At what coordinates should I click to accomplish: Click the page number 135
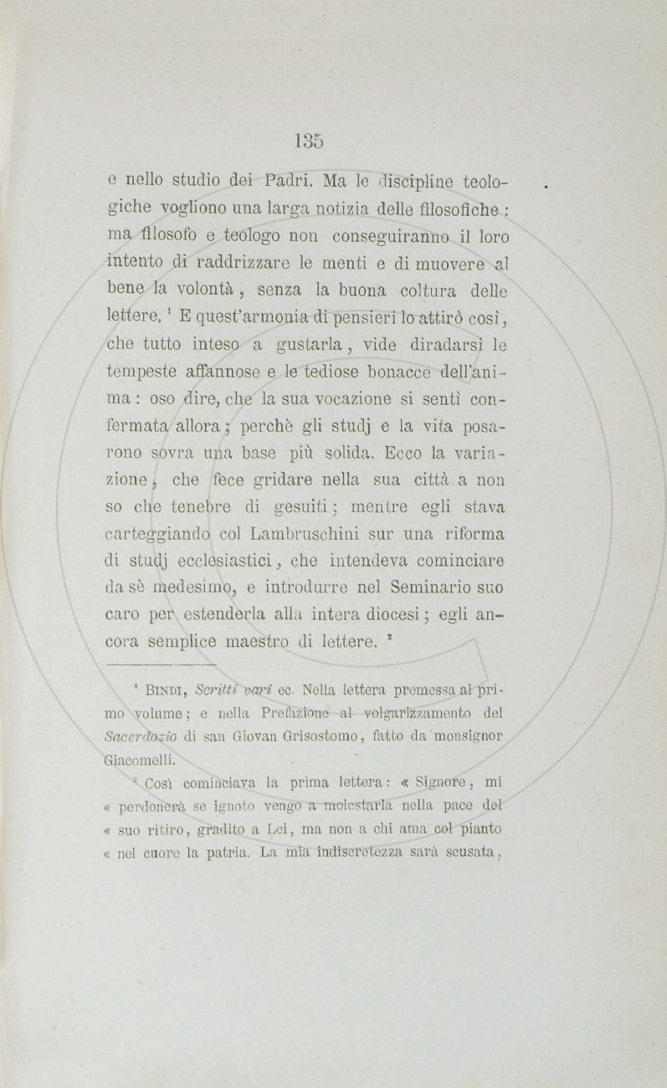[x=309, y=140]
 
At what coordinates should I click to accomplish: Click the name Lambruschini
[x=316, y=534]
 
